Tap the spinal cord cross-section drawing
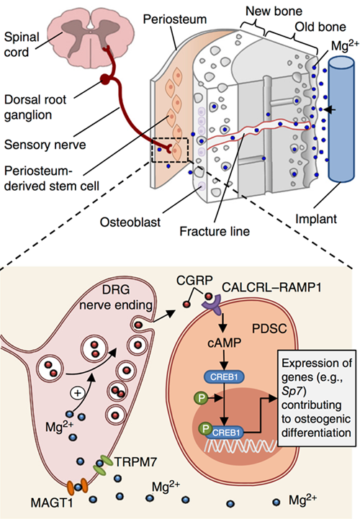coord(91,37)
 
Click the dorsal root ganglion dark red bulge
coord(105,79)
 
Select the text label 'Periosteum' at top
coord(174,19)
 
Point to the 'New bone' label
coord(274,12)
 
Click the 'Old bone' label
coord(320,27)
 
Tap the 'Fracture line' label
coord(215,231)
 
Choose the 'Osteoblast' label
coord(130,222)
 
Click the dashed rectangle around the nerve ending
coord(170,138)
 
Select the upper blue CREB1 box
coord(224,377)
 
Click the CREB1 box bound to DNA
coord(225,433)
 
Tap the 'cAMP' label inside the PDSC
coord(224,343)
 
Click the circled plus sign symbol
coord(78,393)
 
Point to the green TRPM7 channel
coord(104,464)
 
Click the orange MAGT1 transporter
coord(77,486)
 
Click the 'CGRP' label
coord(194,280)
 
